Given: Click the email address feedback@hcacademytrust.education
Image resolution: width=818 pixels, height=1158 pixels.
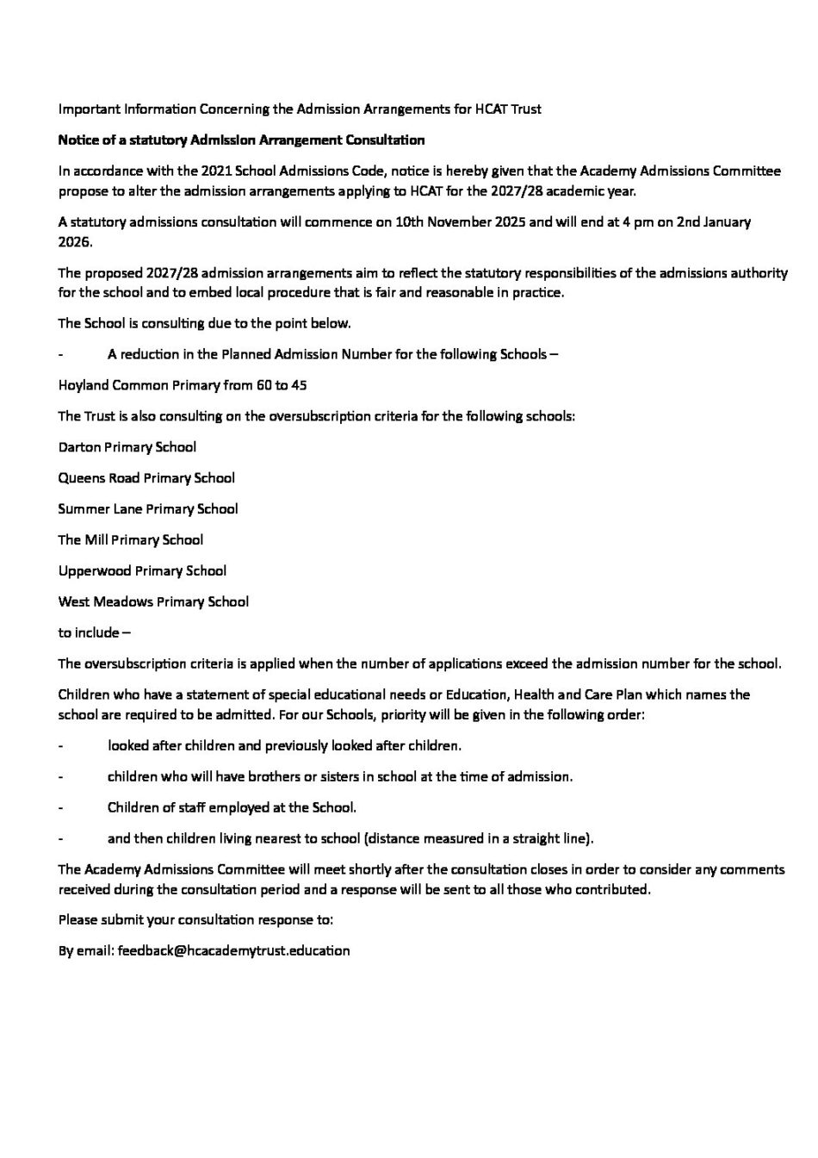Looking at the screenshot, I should click(234, 951).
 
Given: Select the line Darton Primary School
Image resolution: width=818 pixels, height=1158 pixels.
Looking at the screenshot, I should click(127, 447).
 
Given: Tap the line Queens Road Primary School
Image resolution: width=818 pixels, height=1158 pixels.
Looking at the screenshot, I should click(146, 478).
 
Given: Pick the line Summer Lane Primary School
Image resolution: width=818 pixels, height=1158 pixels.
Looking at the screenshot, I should click(148, 509).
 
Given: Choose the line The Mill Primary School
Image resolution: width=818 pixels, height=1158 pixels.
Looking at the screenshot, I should click(131, 540).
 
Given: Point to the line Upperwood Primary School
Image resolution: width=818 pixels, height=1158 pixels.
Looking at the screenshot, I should click(142, 571).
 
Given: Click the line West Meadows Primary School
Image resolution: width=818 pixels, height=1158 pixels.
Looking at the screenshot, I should click(153, 602).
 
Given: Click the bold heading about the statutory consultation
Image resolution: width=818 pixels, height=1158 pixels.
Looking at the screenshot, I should click(241, 140).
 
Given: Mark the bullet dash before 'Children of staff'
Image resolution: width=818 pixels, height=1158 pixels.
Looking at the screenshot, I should click(60, 808).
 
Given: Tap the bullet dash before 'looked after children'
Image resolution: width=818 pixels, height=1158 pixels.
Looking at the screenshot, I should click(60, 746).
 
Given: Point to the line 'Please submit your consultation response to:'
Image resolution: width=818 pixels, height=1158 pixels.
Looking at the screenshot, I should click(195, 920).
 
